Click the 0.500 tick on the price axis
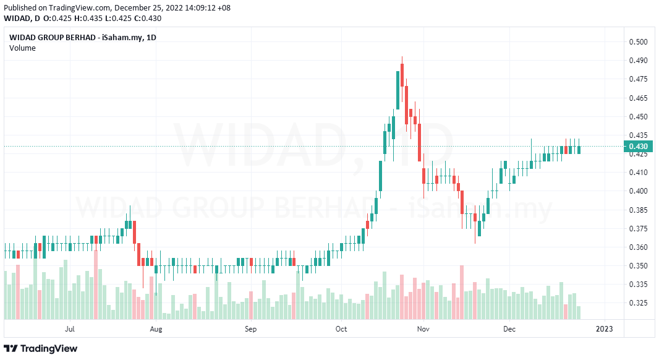pos(638,42)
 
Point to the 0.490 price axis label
pos(638,61)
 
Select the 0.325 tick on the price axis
pos(638,303)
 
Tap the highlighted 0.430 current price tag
pos(637,147)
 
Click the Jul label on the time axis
pos(70,329)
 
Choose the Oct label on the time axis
pos(341,329)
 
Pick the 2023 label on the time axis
pos(604,329)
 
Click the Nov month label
pos(423,329)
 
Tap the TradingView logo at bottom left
pos(41,348)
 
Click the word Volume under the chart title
pos(22,48)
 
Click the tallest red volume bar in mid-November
pos(461,292)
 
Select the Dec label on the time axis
pos(509,329)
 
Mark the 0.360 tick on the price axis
pos(638,247)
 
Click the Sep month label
pos(250,329)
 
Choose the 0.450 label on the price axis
pos(638,117)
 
